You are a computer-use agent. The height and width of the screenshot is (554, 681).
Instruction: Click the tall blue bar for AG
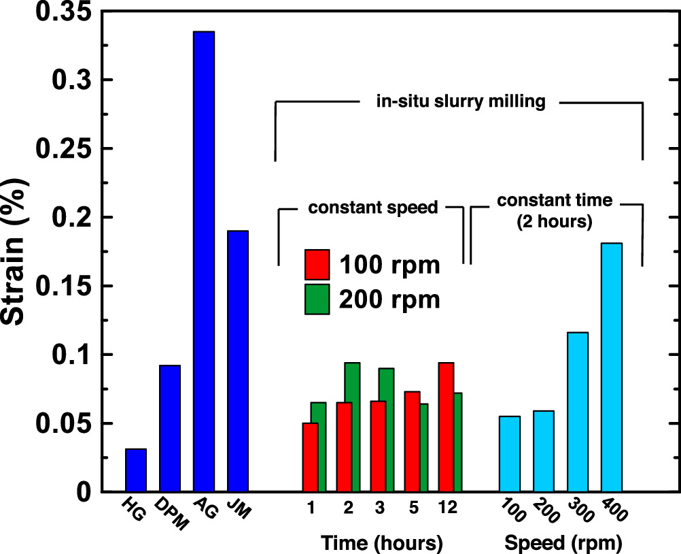pyautogui.click(x=204, y=261)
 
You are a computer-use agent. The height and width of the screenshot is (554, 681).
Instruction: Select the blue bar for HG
pyautogui.click(x=136, y=470)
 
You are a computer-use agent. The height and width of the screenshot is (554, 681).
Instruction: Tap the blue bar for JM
pyautogui.click(x=238, y=361)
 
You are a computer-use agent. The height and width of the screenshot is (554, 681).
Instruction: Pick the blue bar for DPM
pyautogui.click(x=170, y=429)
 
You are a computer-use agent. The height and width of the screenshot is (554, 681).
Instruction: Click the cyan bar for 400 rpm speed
pyautogui.click(x=612, y=368)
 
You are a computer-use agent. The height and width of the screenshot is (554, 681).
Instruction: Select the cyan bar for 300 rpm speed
pyautogui.click(x=578, y=412)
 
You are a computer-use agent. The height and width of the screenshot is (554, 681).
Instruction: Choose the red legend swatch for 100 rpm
pyautogui.click(x=317, y=265)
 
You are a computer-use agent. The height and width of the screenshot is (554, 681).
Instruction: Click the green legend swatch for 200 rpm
pyautogui.click(x=317, y=299)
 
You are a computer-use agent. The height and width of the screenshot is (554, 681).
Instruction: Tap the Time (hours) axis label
pyautogui.click(x=382, y=542)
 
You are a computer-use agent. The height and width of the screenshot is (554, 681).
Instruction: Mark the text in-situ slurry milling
pyautogui.click(x=461, y=102)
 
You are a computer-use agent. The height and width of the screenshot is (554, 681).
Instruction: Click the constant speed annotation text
pyautogui.click(x=373, y=208)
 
